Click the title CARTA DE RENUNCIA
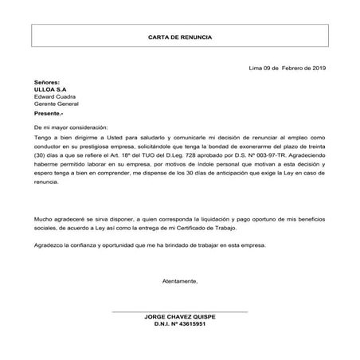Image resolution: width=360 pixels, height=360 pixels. click(180, 37)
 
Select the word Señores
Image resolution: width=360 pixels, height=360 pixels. click(47, 82)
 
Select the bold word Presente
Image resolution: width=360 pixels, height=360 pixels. click(49, 114)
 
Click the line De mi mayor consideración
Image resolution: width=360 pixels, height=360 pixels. click(70, 127)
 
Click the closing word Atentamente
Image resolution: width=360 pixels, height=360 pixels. click(179, 282)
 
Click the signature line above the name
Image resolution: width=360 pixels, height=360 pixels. click(179, 310)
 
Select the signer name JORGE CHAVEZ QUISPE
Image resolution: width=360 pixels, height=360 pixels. click(179, 316)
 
